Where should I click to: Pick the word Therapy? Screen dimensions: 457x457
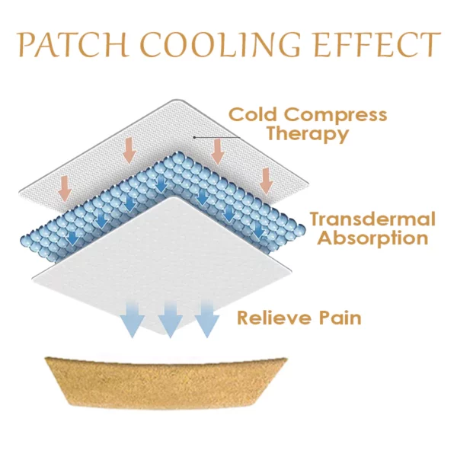pyautogui.click(x=308, y=135)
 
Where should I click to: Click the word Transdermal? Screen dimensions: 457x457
pyautogui.click(x=372, y=219)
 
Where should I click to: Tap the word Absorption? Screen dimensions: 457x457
pyautogui.click(x=372, y=238)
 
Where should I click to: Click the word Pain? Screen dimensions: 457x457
pyautogui.click(x=340, y=317)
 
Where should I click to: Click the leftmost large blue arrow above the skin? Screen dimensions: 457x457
pyautogui.click(x=133, y=318)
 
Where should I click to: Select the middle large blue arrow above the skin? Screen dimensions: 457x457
pyautogui.click(x=169, y=318)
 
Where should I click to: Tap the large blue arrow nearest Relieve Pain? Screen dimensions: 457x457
pyautogui.click(x=206, y=318)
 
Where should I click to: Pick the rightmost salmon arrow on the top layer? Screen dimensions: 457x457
pyautogui.click(x=266, y=180)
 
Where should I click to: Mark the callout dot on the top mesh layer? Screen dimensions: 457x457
pyautogui.click(x=194, y=136)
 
